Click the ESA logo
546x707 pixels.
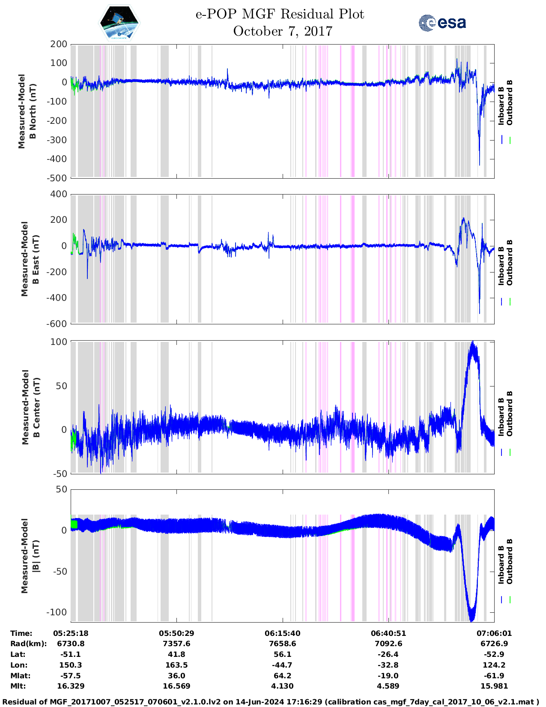click(442, 23)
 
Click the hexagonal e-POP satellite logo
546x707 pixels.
click(119, 23)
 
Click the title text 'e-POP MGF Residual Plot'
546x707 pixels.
click(280, 14)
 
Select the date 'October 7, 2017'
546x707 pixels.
click(283, 31)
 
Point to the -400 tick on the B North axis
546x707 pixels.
click(58, 159)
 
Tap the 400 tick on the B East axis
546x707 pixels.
click(59, 194)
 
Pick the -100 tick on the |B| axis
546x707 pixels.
click(57, 612)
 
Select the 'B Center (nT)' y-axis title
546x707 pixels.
click(31, 407)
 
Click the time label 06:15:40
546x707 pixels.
click(283, 633)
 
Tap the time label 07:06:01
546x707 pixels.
click(494, 633)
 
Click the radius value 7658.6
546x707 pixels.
click(283, 644)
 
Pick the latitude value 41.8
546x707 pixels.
click(176, 654)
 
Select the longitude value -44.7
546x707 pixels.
click(283, 665)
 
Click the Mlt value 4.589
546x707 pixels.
click(388, 686)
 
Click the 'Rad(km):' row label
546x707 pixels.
click(28, 644)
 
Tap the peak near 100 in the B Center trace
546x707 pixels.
click(473, 343)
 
